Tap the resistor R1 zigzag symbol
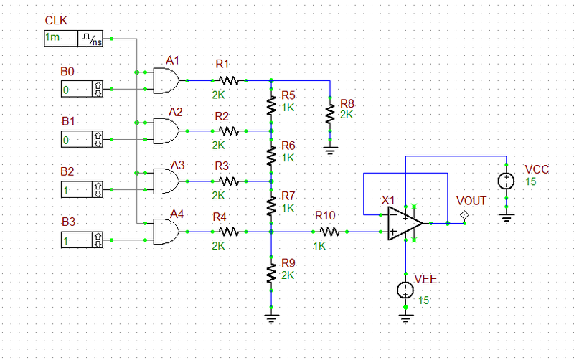228,80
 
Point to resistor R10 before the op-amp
329,232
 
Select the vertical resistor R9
271,273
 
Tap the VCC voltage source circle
507,181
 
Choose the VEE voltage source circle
405,290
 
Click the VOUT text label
471,201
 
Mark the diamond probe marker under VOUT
465,214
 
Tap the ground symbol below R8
329,151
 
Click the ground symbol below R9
271,315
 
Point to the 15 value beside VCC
531,182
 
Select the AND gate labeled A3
166,181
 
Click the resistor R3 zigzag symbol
228,181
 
